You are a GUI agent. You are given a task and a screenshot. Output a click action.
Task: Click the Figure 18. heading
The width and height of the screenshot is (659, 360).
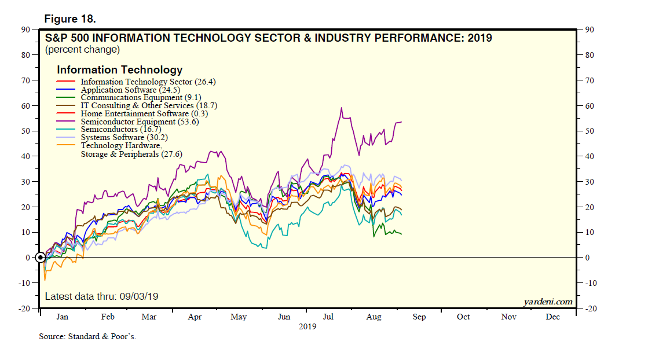[x=70, y=19]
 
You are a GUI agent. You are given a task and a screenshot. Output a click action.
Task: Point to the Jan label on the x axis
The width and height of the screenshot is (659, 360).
[x=63, y=317]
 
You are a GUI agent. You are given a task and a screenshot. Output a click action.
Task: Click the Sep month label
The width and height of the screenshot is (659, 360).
[x=419, y=317]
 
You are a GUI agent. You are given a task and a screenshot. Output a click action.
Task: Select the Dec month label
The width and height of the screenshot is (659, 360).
[x=552, y=317]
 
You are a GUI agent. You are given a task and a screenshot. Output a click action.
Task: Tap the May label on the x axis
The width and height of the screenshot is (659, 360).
[x=239, y=317]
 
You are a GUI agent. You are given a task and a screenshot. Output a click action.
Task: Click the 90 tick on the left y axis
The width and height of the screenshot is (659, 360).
[x=26, y=30]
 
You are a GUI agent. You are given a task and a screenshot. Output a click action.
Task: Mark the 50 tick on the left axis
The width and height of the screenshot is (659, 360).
[x=26, y=131]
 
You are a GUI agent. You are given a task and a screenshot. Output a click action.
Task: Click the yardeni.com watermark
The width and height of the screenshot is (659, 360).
[x=547, y=302]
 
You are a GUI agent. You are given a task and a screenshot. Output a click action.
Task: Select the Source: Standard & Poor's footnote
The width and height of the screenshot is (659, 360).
[x=87, y=336]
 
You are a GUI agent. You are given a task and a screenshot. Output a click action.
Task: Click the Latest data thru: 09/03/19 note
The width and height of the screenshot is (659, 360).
[x=101, y=296]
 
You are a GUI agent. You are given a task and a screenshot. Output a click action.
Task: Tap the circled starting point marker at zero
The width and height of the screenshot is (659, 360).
[x=40, y=258]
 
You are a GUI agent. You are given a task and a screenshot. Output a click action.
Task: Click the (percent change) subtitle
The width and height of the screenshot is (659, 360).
[x=82, y=50]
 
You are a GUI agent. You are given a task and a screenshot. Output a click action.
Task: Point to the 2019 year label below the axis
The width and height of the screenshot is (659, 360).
[x=307, y=326]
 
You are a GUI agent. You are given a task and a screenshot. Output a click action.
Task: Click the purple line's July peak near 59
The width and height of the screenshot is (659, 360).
[x=341, y=108]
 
